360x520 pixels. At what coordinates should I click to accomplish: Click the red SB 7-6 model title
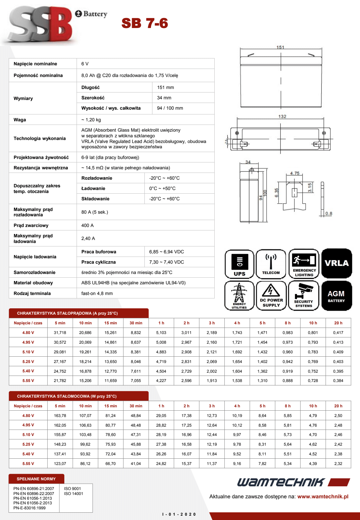coord(145,23)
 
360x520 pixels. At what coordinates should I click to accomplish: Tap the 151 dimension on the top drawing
coord(280,47)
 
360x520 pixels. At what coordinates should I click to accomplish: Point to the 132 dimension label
coord(282,116)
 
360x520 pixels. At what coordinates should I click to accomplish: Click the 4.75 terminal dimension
coord(295,173)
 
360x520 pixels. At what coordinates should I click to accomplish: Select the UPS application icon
coord(239,264)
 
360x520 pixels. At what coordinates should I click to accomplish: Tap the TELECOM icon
coord(271,264)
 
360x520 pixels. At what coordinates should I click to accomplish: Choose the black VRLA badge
coord(337,263)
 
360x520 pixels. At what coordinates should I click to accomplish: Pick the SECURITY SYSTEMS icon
coord(304,296)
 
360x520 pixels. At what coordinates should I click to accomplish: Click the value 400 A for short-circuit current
coord(87,225)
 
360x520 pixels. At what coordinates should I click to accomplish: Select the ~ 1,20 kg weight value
coord(91,120)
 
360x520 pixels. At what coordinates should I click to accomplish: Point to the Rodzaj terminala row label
coord(32,293)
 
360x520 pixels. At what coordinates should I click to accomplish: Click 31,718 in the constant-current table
coord(60,333)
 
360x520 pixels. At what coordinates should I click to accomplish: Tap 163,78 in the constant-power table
coord(60,416)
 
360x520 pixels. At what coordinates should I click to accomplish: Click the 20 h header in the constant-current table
coord(338,323)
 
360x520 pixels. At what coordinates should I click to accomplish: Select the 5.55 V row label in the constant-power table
coord(28,464)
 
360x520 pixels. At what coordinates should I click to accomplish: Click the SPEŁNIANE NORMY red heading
coord(36,479)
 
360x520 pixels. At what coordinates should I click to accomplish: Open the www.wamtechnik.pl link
coord(323,497)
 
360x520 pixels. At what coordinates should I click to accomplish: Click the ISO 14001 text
coord(73,494)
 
